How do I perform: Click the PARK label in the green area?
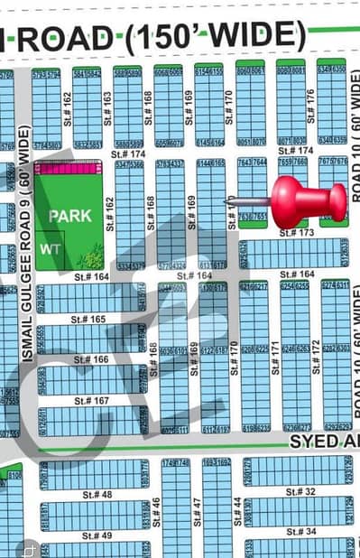tap(69, 216)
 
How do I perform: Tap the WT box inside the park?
tap(51, 246)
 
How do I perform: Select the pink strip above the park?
tap(69, 168)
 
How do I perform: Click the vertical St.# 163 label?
tap(107, 107)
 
